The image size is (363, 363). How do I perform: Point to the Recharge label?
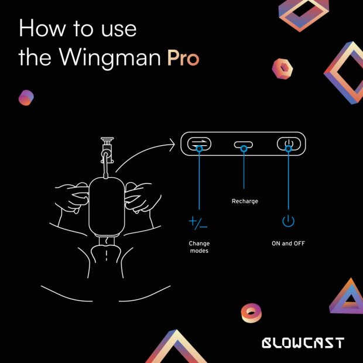[x=244, y=201]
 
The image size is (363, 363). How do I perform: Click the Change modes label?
[x=199, y=247]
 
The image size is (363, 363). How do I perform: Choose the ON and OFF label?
[x=288, y=244]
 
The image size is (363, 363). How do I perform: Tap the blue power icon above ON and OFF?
[x=288, y=222]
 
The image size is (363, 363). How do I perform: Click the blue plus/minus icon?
[x=198, y=222]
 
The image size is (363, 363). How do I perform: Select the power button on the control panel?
[x=288, y=143]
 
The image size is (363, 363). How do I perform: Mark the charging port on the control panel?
[x=244, y=145]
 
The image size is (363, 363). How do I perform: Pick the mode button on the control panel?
[x=199, y=143]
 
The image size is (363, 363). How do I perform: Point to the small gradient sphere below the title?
[x=26, y=98]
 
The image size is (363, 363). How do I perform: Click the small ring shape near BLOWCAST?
[x=251, y=313]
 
